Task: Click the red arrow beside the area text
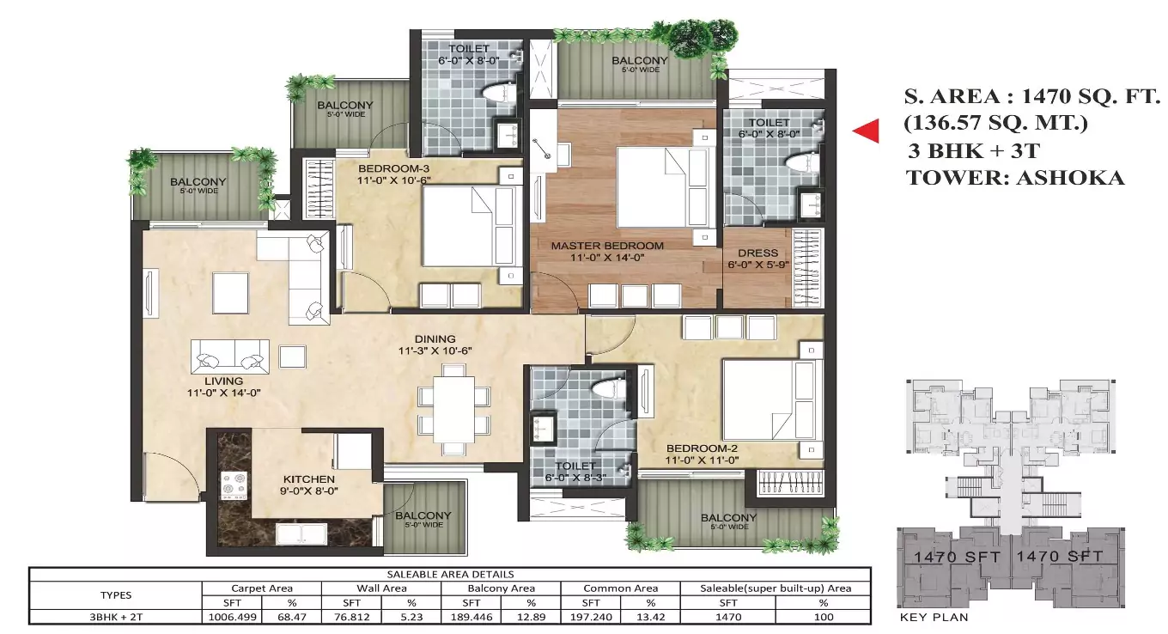(x=866, y=131)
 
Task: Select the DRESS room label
(x=757, y=253)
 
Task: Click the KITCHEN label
(x=309, y=479)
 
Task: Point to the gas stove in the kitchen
(x=234, y=484)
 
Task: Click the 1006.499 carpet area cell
(x=231, y=616)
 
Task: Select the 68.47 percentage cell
(x=291, y=616)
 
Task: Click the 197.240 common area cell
(x=590, y=616)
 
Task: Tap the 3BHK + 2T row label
(x=115, y=616)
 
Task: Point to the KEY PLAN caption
(x=934, y=617)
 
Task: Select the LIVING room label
(x=223, y=381)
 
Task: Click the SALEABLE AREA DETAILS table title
(x=450, y=574)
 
